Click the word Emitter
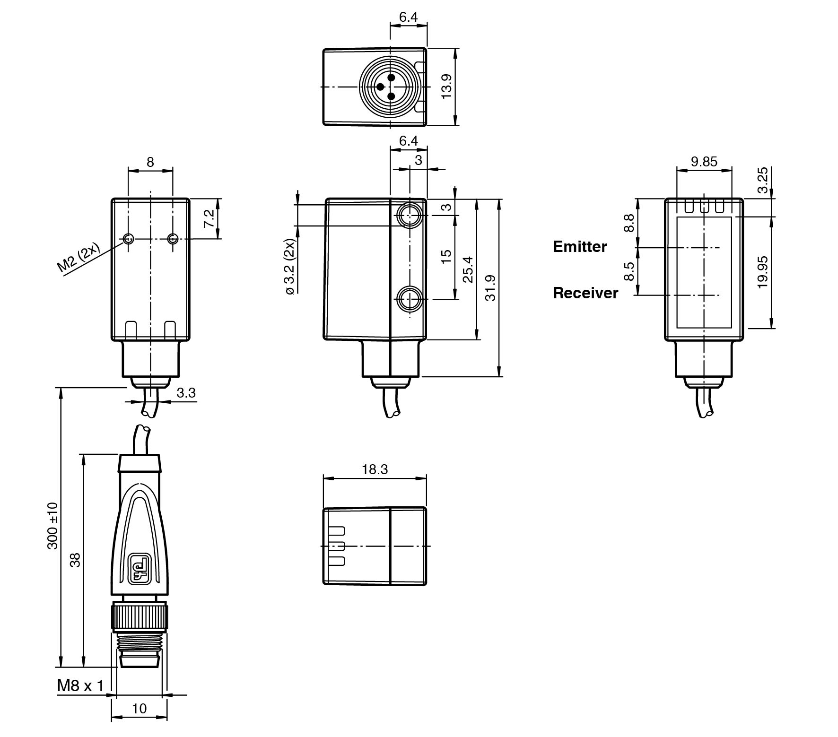[x=580, y=246]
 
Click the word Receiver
[x=585, y=293]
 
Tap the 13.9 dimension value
[x=446, y=86]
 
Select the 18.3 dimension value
[x=375, y=469]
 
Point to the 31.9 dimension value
[x=490, y=288]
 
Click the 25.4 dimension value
[x=468, y=269]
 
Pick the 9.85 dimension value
[x=704, y=162]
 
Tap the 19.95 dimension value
[x=762, y=272]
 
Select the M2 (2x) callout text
[x=79, y=258]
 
